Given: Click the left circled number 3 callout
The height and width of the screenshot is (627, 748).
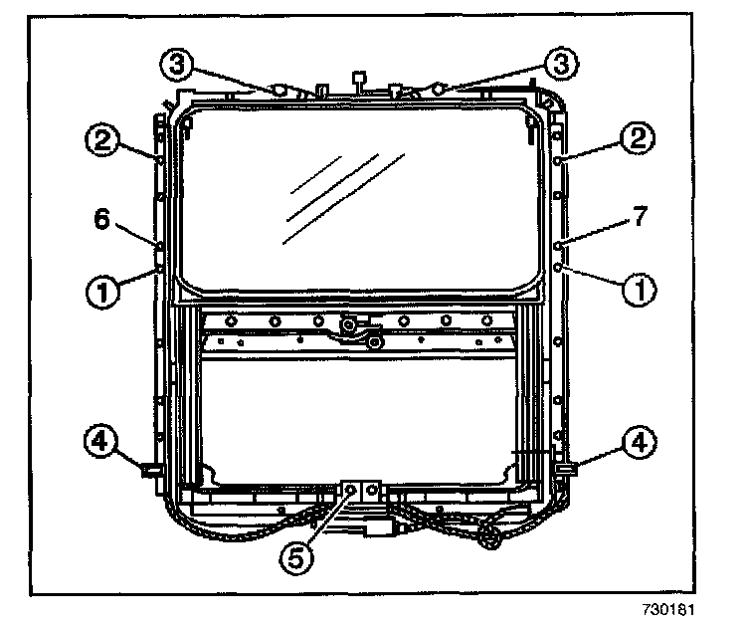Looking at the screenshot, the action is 175,66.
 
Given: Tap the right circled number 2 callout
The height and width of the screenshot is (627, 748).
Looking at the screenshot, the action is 636,137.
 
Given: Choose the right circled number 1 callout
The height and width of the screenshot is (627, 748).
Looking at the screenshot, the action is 636,291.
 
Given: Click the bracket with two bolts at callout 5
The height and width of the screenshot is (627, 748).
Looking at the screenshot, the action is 360,491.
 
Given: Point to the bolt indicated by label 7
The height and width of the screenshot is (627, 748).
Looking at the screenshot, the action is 560,243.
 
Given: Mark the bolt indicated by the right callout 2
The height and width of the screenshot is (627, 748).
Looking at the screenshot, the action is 561,160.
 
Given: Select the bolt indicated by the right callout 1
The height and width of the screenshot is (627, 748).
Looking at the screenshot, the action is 560,267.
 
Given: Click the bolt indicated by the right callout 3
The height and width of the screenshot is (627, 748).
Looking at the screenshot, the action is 439,90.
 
